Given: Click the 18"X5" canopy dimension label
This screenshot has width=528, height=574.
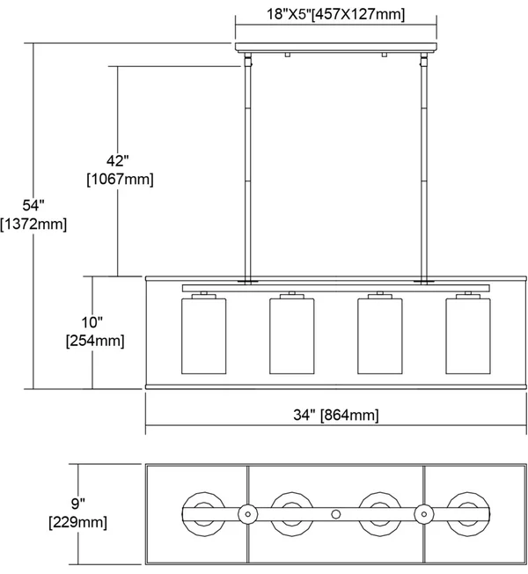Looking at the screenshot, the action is [335, 14].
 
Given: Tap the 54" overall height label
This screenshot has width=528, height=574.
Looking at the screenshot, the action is [33, 205].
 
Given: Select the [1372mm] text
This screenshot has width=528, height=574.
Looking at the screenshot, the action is [33, 224].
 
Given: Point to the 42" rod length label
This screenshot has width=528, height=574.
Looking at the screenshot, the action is [118, 160].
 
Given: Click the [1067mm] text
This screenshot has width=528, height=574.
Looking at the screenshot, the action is [120, 179].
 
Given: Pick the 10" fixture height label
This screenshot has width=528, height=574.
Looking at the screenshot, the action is [92, 322].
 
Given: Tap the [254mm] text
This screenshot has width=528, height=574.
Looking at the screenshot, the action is [95, 341].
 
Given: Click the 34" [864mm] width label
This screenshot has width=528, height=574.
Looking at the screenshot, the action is [336, 415].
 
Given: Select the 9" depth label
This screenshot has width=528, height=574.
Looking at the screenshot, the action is [78, 504].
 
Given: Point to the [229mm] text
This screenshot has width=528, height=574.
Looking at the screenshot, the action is [78, 522].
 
